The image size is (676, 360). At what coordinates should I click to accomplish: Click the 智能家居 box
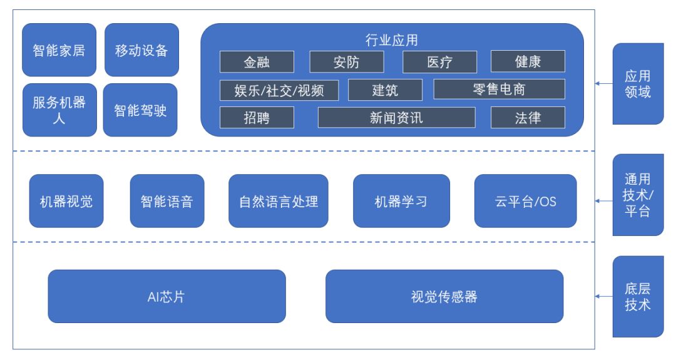(x=59, y=50)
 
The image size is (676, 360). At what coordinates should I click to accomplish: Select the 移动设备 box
(x=142, y=50)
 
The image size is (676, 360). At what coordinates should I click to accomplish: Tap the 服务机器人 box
(x=59, y=110)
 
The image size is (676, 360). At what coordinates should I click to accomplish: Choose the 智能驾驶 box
(x=140, y=110)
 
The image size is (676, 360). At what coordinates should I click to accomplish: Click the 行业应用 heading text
(x=391, y=40)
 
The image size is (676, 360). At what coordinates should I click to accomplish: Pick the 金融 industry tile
(x=257, y=61)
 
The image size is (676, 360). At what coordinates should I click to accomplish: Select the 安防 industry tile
(x=347, y=61)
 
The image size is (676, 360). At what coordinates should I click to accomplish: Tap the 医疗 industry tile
(x=440, y=61)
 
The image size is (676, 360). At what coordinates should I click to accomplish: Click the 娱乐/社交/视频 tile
(x=279, y=90)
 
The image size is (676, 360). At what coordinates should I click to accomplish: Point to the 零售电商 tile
(x=499, y=90)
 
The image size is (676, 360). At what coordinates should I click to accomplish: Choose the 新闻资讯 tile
(x=397, y=117)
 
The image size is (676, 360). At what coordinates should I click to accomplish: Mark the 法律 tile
(x=528, y=117)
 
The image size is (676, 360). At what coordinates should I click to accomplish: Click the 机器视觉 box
(x=66, y=201)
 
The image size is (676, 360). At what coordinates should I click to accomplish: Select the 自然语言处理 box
(x=279, y=201)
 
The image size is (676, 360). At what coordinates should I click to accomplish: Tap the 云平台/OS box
(x=526, y=201)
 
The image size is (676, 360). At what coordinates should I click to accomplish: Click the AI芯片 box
(x=167, y=297)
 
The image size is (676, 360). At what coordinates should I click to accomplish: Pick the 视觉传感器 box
(x=444, y=297)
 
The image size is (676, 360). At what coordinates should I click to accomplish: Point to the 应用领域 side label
(x=638, y=84)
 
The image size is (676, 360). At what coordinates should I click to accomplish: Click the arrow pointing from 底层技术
(x=604, y=297)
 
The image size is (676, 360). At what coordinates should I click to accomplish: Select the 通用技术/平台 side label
(x=638, y=195)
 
